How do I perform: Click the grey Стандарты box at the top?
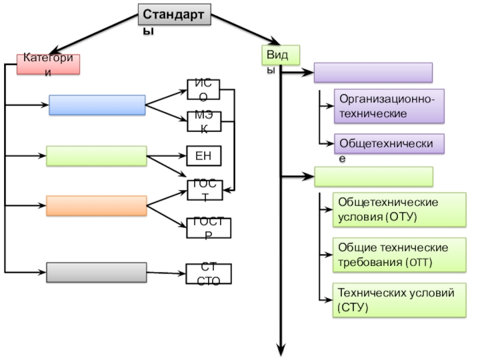175,15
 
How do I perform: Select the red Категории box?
48,64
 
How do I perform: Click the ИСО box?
203,89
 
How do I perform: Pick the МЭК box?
203,122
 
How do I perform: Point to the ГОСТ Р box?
209,228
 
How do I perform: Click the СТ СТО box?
209,273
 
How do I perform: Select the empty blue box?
97,105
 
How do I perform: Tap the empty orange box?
97,206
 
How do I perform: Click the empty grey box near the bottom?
97,272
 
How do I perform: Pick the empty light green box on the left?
97,156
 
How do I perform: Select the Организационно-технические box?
389,106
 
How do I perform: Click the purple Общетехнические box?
389,144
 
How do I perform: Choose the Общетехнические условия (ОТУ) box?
400,209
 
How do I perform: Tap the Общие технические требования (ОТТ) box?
400,254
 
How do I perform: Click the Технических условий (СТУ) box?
400,300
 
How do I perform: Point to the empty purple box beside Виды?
373,73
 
